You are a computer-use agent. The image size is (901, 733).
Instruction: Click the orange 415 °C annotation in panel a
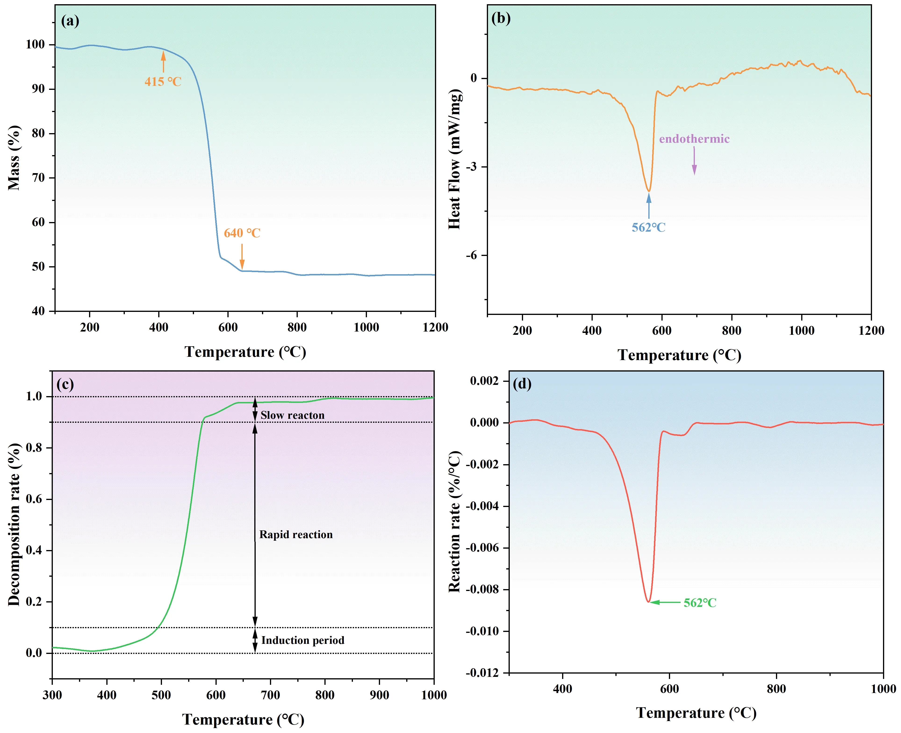[x=163, y=81]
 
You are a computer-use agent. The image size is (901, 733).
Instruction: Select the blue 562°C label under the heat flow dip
[x=648, y=228]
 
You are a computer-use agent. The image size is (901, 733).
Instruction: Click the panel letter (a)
[x=70, y=21]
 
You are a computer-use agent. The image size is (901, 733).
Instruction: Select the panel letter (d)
[x=522, y=384]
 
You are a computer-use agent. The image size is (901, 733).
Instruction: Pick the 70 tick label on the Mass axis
[x=38, y=178]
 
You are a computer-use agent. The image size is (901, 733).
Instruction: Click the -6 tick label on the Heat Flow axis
[x=471, y=255]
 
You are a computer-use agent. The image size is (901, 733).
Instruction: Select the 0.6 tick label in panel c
[x=34, y=499]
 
